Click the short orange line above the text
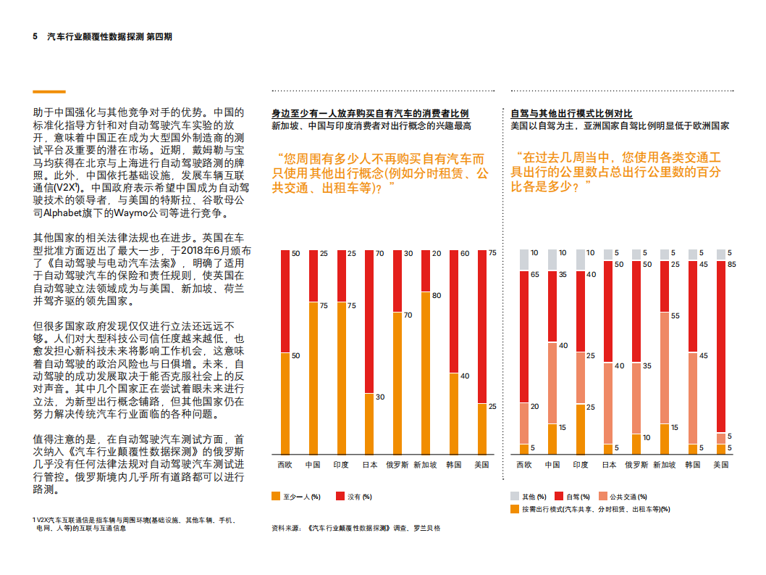(49, 92)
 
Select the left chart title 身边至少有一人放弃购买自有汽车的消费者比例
(370, 114)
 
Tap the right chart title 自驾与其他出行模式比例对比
(571, 114)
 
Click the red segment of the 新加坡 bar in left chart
(425, 270)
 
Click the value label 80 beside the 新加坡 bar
(437, 296)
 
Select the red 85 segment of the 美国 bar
(720, 346)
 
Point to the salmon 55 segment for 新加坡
(664, 367)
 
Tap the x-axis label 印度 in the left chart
(341, 465)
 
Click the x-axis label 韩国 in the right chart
(692, 465)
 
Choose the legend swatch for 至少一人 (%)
(276, 497)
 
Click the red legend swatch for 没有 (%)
(340, 497)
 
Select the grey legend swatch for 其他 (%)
(515, 497)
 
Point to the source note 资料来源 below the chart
(355, 528)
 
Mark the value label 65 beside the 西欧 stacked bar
(534, 276)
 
